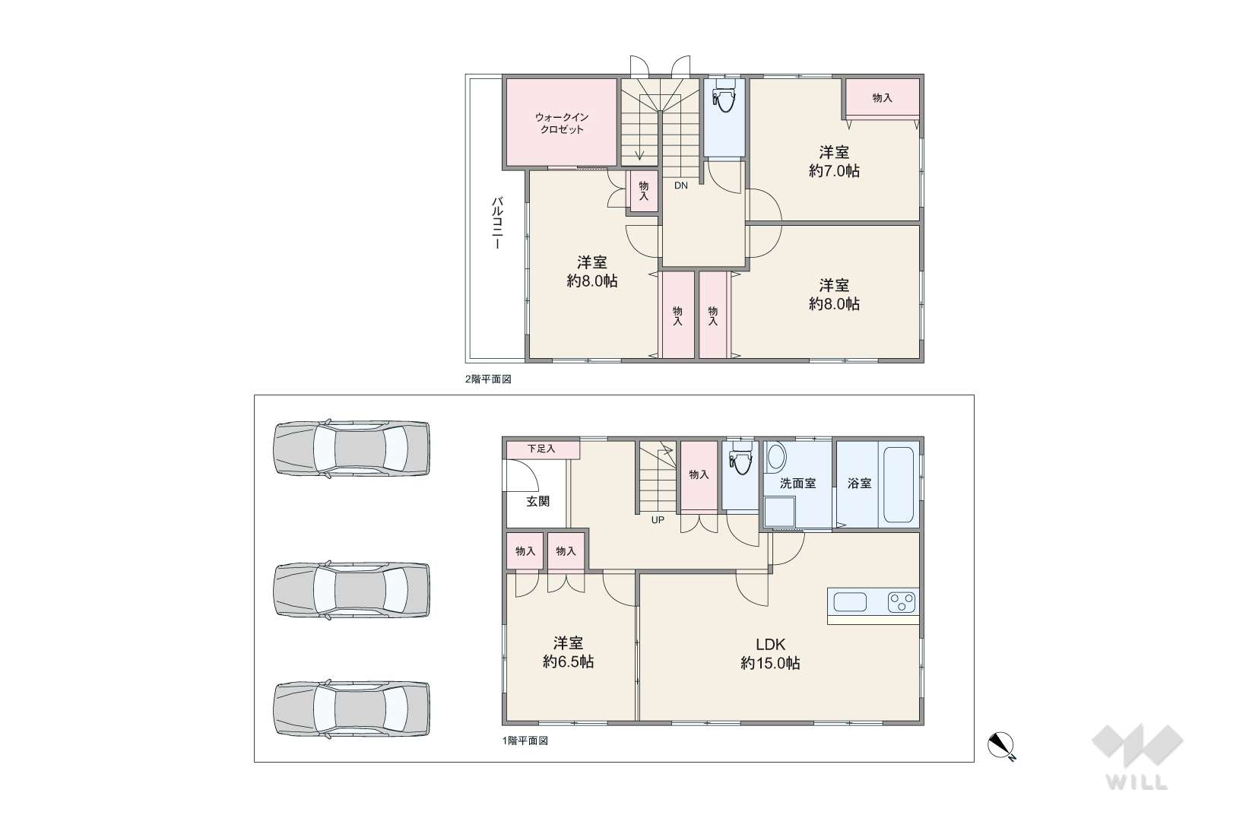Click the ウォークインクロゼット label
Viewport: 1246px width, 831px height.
coord(562,123)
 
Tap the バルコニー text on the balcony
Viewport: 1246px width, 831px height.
coord(497,223)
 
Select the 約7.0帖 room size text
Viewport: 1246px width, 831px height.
coord(834,171)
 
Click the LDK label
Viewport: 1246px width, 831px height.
coord(770,644)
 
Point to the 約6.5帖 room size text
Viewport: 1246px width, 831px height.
coord(568,661)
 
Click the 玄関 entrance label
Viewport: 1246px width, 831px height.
coord(538,501)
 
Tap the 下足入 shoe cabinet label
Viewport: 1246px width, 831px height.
coord(541,449)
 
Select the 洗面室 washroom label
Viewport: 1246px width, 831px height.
coord(797,484)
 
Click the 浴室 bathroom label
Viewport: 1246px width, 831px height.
coord(859,484)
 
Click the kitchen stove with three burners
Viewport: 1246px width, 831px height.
coord(901,602)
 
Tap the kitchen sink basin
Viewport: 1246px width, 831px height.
coord(850,602)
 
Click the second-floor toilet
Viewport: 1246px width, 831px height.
coord(724,95)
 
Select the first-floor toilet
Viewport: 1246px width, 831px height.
coord(740,458)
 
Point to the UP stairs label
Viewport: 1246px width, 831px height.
coord(658,521)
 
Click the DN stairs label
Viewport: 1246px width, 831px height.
coord(681,186)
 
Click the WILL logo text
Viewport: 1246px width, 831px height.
coord(1137,783)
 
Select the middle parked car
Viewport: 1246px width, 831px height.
coord(351,589)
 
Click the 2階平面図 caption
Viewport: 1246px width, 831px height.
coord(488,379)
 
